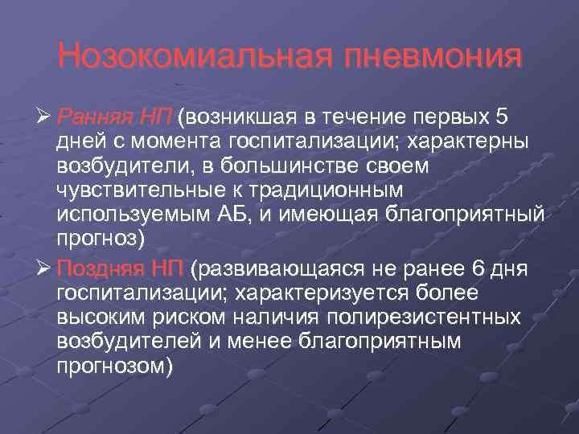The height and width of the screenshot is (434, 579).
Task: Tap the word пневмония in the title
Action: click(x=432, y=57)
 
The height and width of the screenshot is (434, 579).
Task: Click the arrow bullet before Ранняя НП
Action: click(x=45, y=117)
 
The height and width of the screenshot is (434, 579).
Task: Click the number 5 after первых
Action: click(x=502, y=117)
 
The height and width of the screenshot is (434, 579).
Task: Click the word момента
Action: click(x=172, y=141)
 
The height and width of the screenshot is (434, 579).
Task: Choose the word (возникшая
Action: click(x=238, y=117)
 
